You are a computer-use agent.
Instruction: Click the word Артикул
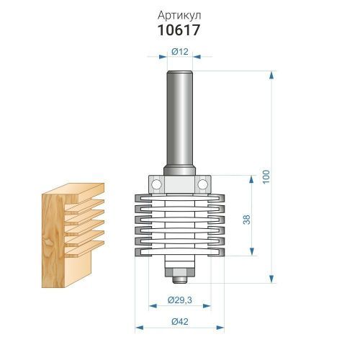point(179,16)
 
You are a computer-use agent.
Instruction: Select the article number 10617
point(179,30)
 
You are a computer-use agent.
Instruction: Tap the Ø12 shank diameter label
point(180,51)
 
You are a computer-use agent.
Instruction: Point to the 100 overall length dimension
point(266,177)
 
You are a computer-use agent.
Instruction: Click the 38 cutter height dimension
point(246,220)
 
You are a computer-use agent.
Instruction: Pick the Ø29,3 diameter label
point(180,300)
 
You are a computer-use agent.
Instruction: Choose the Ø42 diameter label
point(180,322)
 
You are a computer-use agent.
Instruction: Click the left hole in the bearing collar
point(156,184)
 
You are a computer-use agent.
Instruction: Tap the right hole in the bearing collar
point(203,184)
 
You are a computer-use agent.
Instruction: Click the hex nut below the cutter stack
point(180,273)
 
